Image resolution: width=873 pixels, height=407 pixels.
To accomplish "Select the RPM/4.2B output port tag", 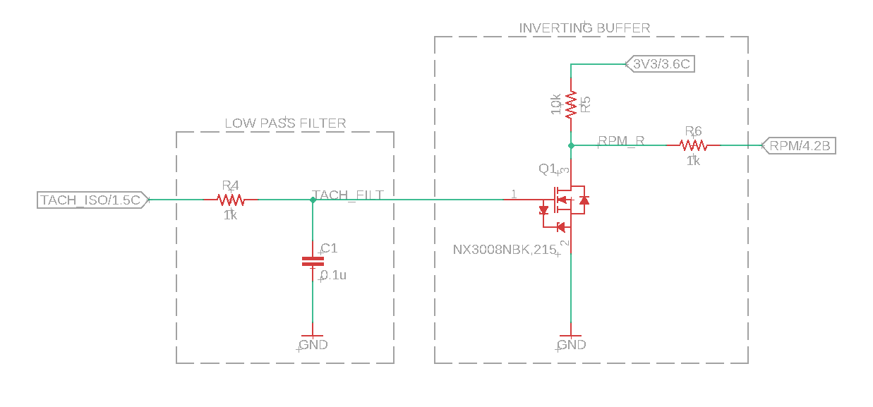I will click(x=800, y=146).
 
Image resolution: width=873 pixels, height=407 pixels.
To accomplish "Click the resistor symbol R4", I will click(x=231, y=200).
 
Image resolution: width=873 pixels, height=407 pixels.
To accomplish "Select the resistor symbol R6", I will click(x=693, y=145).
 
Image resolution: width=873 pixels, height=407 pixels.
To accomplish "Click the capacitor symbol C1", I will click(x=313, y=262).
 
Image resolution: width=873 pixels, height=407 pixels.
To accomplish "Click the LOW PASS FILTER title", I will click(x=285, y=123).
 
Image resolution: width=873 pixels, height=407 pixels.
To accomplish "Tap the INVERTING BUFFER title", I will click(x=584, y=28).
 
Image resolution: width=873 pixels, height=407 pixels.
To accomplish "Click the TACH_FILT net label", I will click(x=349, y=195).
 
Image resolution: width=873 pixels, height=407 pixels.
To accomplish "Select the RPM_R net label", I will click(x=621, y=140).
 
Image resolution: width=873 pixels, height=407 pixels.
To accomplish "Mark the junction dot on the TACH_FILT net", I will click(x=313, y=200).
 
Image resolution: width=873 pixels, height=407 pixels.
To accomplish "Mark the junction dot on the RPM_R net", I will click(x=571, y=145).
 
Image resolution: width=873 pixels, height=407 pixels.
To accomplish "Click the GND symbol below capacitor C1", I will click(x=313, y=340).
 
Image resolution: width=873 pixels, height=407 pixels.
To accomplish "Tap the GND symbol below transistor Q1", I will click(x=571, y=340).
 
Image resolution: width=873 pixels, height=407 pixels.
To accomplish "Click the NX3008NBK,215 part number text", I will click(x=505, y=249).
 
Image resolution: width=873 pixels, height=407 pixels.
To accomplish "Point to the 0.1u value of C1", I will click(x=334, y=275).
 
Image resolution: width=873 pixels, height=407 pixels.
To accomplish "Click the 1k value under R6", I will click(x=693, y=161).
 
